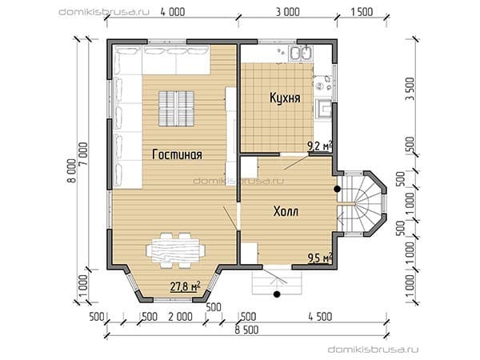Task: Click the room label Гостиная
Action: point(177,154)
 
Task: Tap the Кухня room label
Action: point(285,98)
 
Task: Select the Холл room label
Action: point(286,211)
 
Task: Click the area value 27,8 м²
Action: point(186,287)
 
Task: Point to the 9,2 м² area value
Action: point(320,146)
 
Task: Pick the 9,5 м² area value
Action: point(320,258)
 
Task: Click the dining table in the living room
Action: point(175,250)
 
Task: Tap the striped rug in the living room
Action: point(176,109)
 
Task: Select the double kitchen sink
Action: point(302,54)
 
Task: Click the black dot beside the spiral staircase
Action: point(337,189)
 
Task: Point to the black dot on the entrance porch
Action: point(277,294)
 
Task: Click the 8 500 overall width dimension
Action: point(246,330)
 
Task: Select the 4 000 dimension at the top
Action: point(173,12)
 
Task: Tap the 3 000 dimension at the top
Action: point(287,12)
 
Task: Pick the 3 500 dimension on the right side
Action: point(410,89)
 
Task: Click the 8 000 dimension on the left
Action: point(71,171)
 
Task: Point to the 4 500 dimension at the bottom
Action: point(320,317)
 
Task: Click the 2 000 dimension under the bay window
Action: point(181,317)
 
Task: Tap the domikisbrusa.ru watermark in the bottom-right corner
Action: point(373,350)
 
